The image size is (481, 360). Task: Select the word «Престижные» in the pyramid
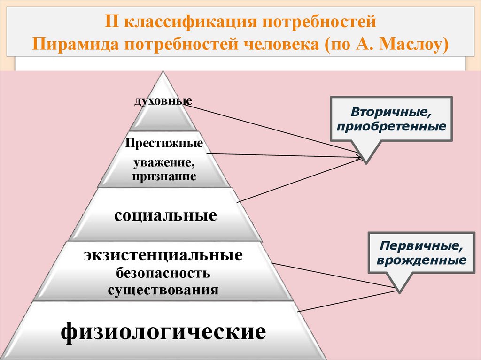pos(164,143)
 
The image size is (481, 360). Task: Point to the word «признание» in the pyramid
pos(164,177)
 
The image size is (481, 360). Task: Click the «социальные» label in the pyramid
pos(165,215)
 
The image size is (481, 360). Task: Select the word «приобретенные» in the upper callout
pos(391,127)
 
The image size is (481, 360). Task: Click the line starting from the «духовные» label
pos(272,130)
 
